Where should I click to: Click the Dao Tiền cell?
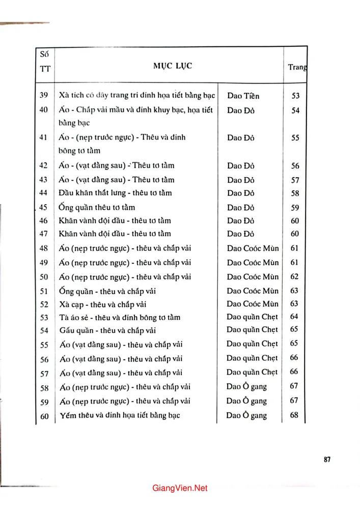tap(244, 96)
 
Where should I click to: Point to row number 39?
tap(44, 96)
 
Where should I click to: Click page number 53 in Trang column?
tap(295, 96)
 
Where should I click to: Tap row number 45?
tap(44, 208)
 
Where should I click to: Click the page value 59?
tap(295, 208)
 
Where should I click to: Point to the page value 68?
tap(294, 415)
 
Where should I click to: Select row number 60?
tap(44, 416)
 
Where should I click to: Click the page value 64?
tap(294, 317)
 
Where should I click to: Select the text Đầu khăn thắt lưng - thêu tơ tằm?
tap(116, 193)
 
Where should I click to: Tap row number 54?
tap(44, 331)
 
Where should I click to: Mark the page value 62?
tap(295, 277)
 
